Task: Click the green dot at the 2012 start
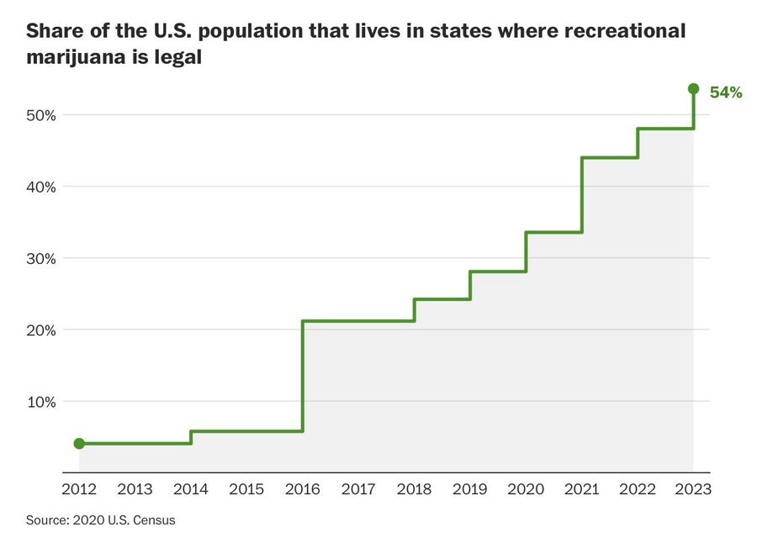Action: (79, 443)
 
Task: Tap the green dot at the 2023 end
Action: (693, 88)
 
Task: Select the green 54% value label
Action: (726, 92)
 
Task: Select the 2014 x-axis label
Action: (191, 488)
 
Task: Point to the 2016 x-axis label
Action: (303, 488)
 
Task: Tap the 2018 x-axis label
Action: (414, 488)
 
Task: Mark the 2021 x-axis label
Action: (581, 488)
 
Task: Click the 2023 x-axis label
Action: (693, 488)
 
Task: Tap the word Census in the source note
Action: (156, 520)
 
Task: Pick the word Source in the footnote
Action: (45, 520)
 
